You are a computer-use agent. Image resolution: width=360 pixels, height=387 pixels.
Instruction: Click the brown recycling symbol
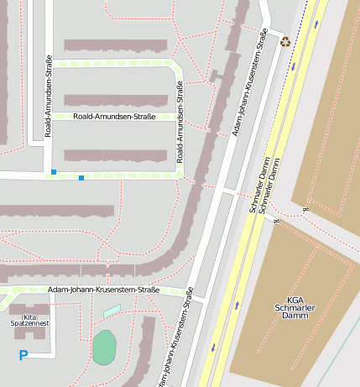coord(285,40)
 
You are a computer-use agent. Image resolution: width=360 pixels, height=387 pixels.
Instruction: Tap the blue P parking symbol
coord(23,355)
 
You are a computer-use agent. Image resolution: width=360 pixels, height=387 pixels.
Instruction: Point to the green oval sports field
coord(104,348)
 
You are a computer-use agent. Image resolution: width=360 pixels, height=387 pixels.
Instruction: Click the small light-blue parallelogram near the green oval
coord(112,311)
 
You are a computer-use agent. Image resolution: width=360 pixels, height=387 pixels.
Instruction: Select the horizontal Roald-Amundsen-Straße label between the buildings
coord(114,117)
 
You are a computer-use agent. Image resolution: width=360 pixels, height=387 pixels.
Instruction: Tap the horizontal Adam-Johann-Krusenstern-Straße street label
coord(103,290)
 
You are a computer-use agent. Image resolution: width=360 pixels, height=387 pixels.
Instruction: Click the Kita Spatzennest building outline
coord(29,311)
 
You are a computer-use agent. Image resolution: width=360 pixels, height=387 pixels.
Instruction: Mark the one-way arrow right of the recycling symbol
coord(316,24)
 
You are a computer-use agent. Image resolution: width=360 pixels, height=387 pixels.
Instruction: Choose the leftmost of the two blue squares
coord(54,172)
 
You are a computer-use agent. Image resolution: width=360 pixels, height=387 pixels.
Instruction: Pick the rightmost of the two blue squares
coord(81,178)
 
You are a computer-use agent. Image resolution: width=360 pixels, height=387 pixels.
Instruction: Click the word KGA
coord(295,300)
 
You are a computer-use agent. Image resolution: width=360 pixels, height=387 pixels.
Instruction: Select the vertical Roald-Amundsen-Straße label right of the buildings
coord(179,122)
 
